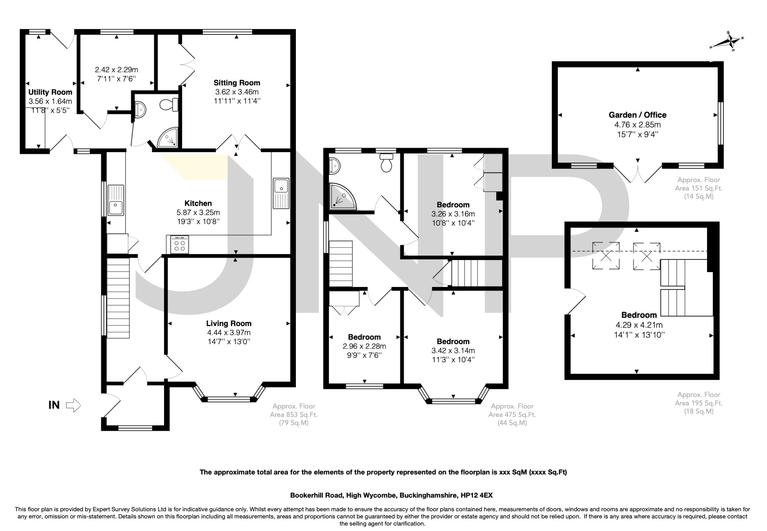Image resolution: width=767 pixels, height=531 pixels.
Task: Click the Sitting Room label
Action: [237, 83]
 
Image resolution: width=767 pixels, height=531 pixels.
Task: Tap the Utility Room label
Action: [50, 92]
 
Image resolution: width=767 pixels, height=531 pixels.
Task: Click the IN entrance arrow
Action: [73, 405]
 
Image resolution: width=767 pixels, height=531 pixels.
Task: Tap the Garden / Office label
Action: [637, 115]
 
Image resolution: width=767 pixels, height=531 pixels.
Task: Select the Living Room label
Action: [228, 323]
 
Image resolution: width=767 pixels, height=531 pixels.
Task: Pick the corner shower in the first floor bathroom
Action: [341, 197]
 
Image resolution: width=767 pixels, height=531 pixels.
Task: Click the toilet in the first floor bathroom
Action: [386, 163]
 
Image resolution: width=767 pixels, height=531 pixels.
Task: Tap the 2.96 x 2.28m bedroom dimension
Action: [364, 346]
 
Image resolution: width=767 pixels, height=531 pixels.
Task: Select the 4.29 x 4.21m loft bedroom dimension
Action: [638, 325]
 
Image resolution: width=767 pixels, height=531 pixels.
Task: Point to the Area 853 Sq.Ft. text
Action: [294, 415]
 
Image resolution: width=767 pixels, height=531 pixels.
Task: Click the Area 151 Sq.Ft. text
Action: [698, 188]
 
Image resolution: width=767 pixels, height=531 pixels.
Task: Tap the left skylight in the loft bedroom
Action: [606, 256]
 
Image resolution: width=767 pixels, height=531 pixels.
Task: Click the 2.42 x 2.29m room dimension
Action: [116, 70]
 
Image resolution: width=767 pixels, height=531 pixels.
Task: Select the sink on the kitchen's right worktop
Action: [281, 186]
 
